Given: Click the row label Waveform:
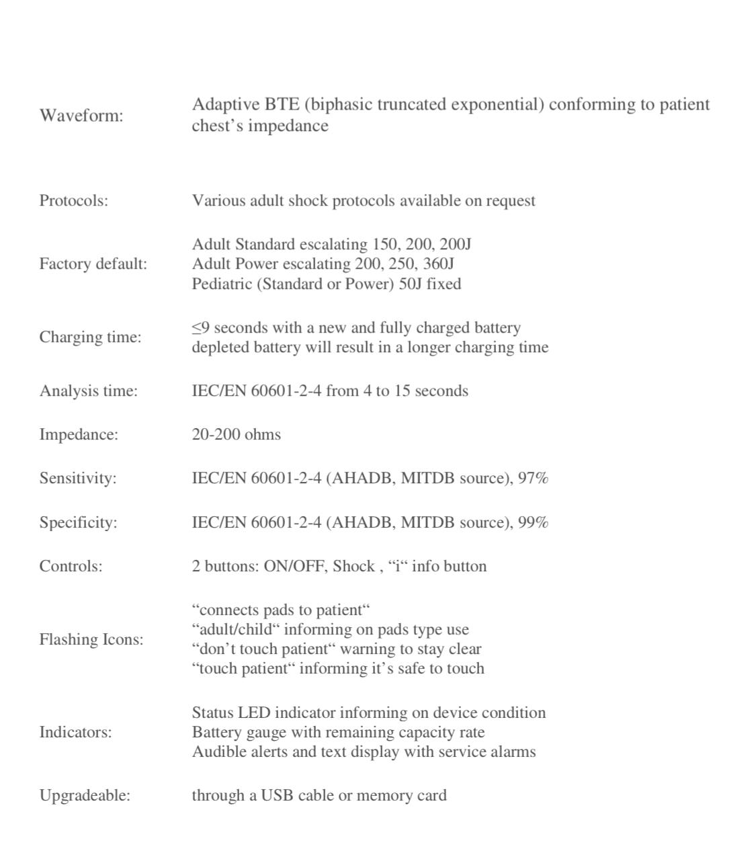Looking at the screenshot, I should [x=81, y=116].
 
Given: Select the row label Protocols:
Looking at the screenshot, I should [x=73, y=201].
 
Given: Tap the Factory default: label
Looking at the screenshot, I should [x=93, y=263].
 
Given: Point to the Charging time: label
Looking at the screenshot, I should [x=90, y=337].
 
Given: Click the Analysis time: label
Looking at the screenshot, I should [x=88, y=391].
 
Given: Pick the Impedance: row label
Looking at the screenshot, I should [x=79, y=435].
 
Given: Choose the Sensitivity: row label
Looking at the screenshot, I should [x=77, y=479].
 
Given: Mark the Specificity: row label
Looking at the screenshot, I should [x=78, y=523].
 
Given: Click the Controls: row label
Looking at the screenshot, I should [x=71, y=567].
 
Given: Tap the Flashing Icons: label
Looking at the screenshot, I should [x=91, y=639].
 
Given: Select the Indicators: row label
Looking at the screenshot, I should [x=75, y=732].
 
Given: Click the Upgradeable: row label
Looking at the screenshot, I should [x=85, y=796].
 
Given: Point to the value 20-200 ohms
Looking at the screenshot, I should [x=236, y=435].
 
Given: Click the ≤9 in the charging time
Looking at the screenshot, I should [x=200, y=328].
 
